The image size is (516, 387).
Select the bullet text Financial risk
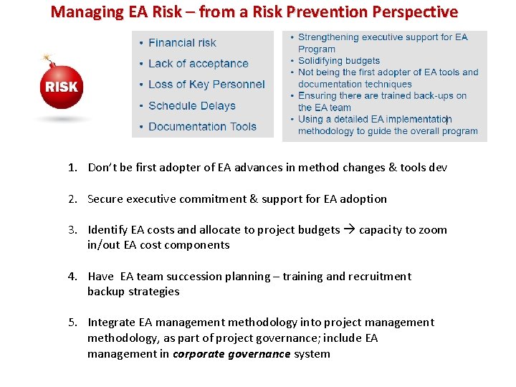pos(182,43)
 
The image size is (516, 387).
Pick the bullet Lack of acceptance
pos(199,64)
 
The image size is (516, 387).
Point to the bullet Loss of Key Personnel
pos(206,85)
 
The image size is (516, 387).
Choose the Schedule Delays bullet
pos(192,106)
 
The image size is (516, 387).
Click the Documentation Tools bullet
pos(202,127)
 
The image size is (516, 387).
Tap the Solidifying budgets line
pos(338,61)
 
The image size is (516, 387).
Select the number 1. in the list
pos(72,168)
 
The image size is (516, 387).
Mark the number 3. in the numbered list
pos(72,230)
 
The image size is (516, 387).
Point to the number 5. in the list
pos(72,322)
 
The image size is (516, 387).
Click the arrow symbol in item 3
pos(349,230)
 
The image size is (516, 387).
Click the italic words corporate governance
pos(231,354)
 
